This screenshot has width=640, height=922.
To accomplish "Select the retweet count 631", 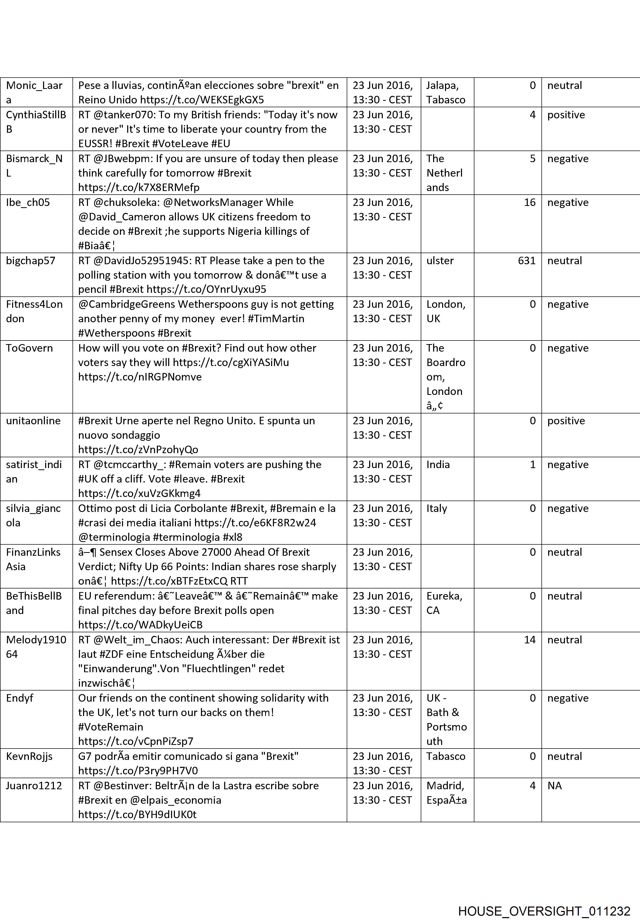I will click(526, 261).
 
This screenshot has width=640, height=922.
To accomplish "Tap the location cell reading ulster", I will click(440, 261).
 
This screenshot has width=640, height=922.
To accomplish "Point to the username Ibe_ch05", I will click(28, 202).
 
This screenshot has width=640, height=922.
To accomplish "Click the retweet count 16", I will click(529, 202).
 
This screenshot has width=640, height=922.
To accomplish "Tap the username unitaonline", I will click(33, 421).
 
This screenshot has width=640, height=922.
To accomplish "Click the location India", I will click(438, 464).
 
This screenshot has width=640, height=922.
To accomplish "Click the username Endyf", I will click(20, 698).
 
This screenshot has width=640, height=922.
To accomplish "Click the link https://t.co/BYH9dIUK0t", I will click(137, 814).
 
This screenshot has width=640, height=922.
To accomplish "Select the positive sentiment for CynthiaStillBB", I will click(566, 115).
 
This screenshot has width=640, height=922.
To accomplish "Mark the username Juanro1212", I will click(34, 785).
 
